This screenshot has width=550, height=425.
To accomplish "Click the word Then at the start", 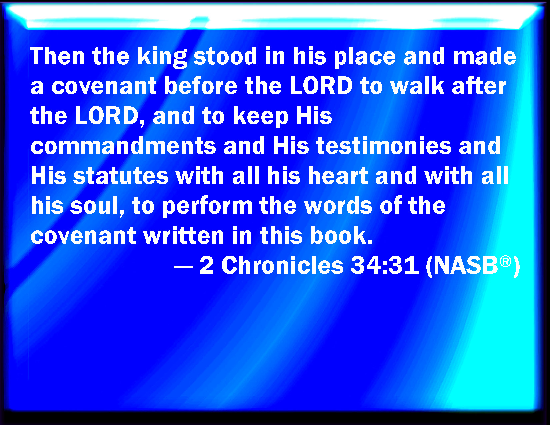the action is click(x=57, y=56).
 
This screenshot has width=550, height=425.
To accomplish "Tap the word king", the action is click(x=162, y=57).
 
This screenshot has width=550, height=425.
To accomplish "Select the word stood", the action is click(x=225, y=56).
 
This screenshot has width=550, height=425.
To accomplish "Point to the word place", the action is click(x=365, y=57).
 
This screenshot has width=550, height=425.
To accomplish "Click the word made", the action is click(x=484, y=56).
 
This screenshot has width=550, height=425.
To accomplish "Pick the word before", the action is click(x=201, y=86).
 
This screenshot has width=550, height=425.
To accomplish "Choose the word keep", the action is click(x=260, y=117).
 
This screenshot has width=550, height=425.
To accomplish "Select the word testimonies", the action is click(x=384, y=146).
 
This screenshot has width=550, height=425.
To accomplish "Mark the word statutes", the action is click(x=121, y=175).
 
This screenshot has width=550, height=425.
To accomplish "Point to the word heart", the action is click(x=337, y=175).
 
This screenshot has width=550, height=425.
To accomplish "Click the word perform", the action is click(x=207, y=207).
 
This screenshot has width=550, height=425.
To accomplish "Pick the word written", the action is click(x=184, y=235).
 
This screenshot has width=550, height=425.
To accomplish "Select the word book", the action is click(x=341, y=235).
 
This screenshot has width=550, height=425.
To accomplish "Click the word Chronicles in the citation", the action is click(x=282, y=265).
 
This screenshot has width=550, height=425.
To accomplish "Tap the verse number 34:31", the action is click(x=385, y=265).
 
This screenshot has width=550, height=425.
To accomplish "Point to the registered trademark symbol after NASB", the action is click(x=505, y=261).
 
